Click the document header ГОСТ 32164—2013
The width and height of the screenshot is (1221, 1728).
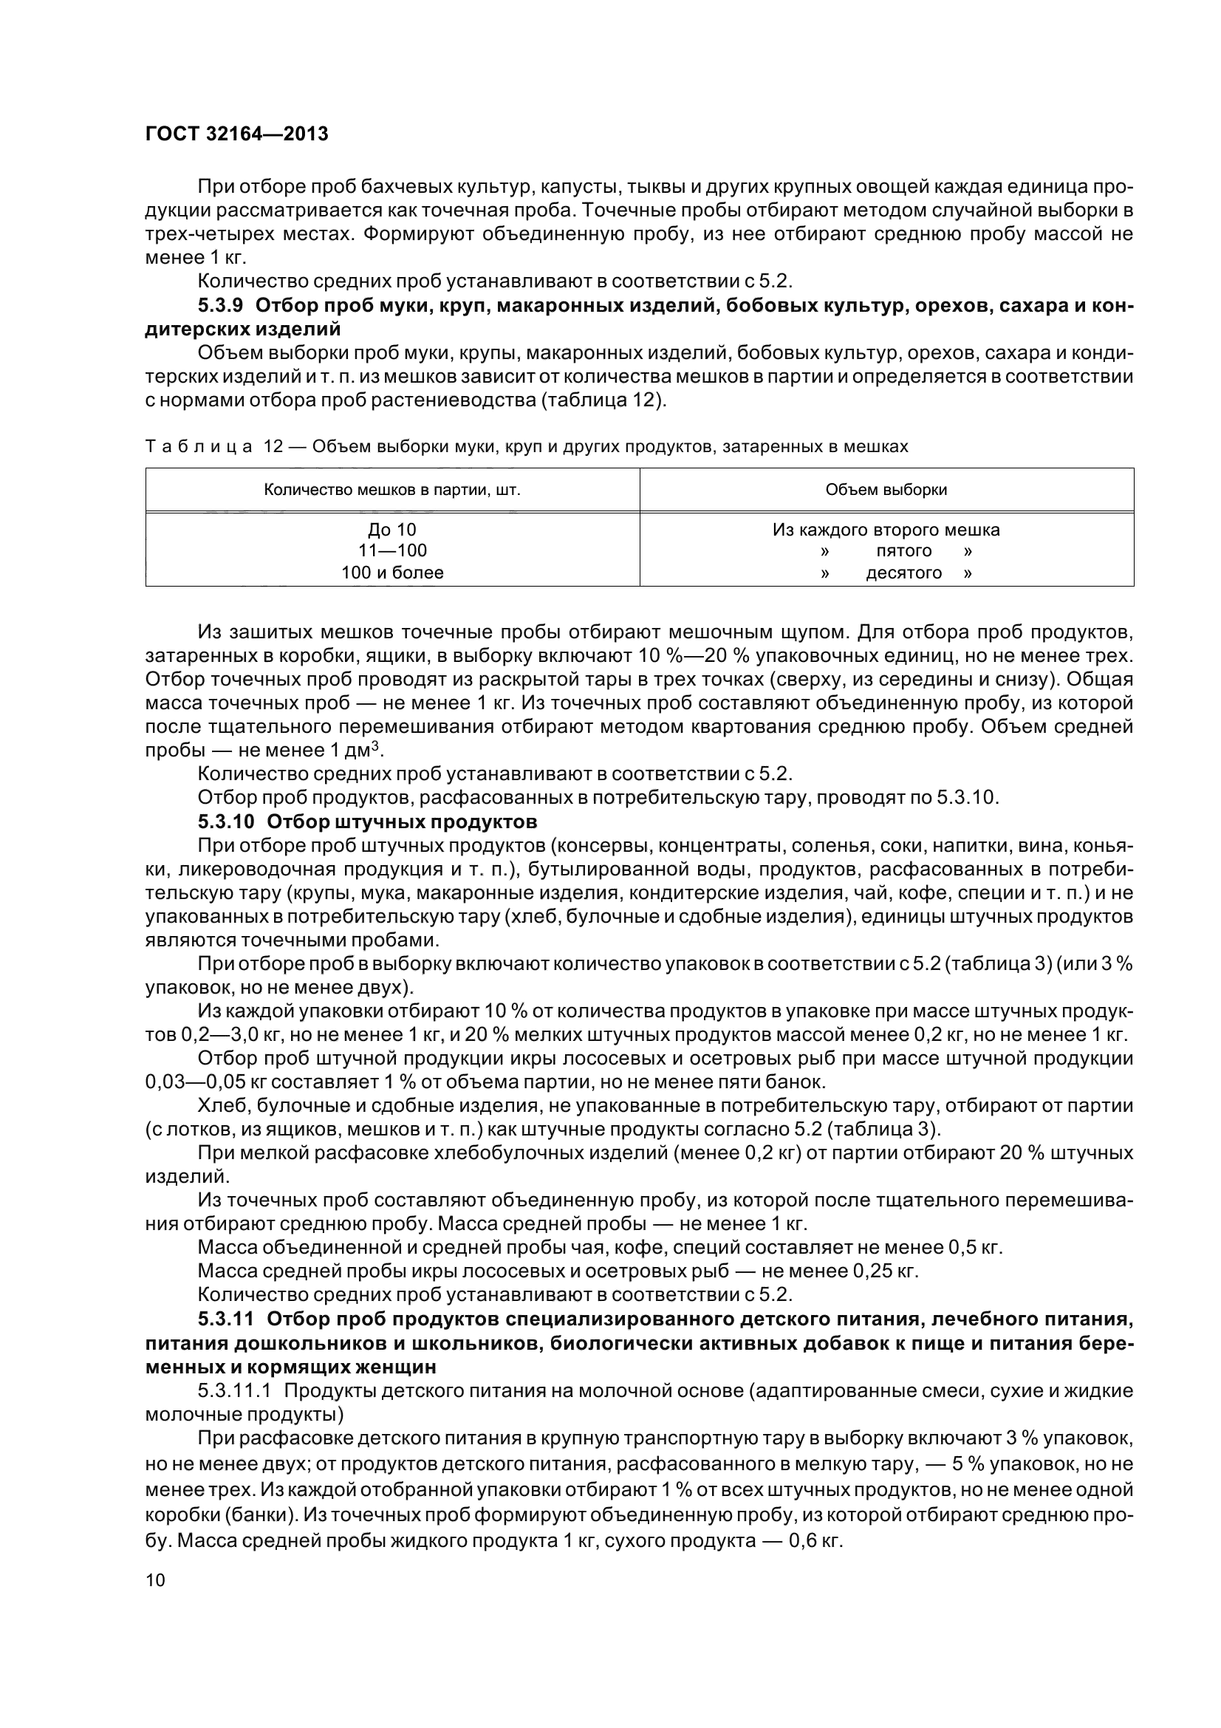(236, 134)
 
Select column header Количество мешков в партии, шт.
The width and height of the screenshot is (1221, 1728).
(392, 490)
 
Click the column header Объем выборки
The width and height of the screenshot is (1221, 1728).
(886, 490)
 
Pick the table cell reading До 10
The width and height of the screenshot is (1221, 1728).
(392, 530)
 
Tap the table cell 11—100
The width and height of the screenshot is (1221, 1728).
(392, 551)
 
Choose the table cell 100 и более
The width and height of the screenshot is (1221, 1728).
(392, 573)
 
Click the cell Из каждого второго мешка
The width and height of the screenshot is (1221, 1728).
(886, 530)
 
